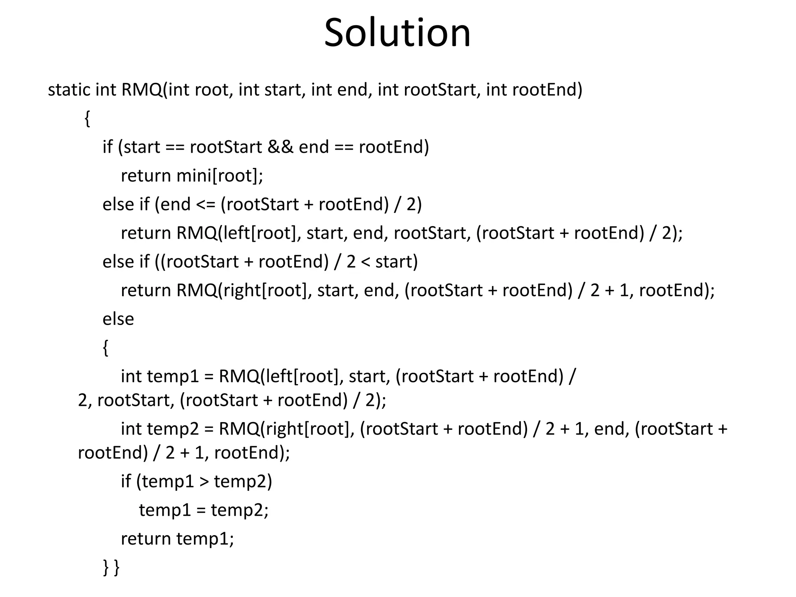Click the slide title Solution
tap(397, 33)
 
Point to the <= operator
tap(206, 205)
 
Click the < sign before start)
tap(365, 262)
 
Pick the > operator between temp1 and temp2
tap(204, 482)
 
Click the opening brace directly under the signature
tap(87, 119)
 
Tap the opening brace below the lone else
tap(105, 348)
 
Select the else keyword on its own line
tap(118, 319)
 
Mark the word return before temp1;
tap(146, 539)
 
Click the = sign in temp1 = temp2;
tap(201, 510)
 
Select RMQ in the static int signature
tap(141, 90)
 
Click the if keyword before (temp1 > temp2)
tap(126, 482)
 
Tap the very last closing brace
tap(116, 567)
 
